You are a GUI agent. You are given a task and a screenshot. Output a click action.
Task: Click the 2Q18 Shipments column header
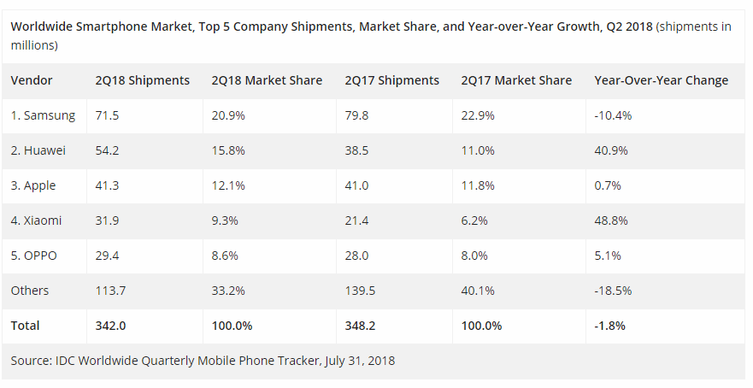click(142, 80)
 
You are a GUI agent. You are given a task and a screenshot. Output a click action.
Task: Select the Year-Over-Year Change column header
click(662, 80)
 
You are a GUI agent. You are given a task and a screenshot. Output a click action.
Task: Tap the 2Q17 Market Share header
click(516, 80)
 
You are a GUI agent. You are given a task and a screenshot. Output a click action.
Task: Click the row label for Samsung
click(44, 115)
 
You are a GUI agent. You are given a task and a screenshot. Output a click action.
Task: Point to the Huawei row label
click(38, 150)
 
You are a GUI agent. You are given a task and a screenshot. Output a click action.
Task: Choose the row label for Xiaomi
click(37, 220)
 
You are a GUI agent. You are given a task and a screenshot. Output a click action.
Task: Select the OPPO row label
click(33, 256)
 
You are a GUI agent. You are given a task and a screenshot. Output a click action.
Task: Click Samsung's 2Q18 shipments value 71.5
click(107, 115)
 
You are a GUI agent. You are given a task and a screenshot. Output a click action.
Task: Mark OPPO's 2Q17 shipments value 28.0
click(356, 256)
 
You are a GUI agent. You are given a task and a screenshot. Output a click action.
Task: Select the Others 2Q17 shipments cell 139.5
click(360, 291)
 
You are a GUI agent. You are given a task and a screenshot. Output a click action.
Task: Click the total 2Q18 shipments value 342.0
click(110, 326)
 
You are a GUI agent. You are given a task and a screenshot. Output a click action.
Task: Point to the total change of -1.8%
click(610, 326)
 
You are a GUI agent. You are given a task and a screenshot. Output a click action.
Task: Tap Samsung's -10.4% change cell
click(613, 115)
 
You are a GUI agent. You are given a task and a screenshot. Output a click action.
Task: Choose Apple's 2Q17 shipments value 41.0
click(356, 185)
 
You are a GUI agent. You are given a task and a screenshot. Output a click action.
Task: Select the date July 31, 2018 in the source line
click(360, 361)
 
